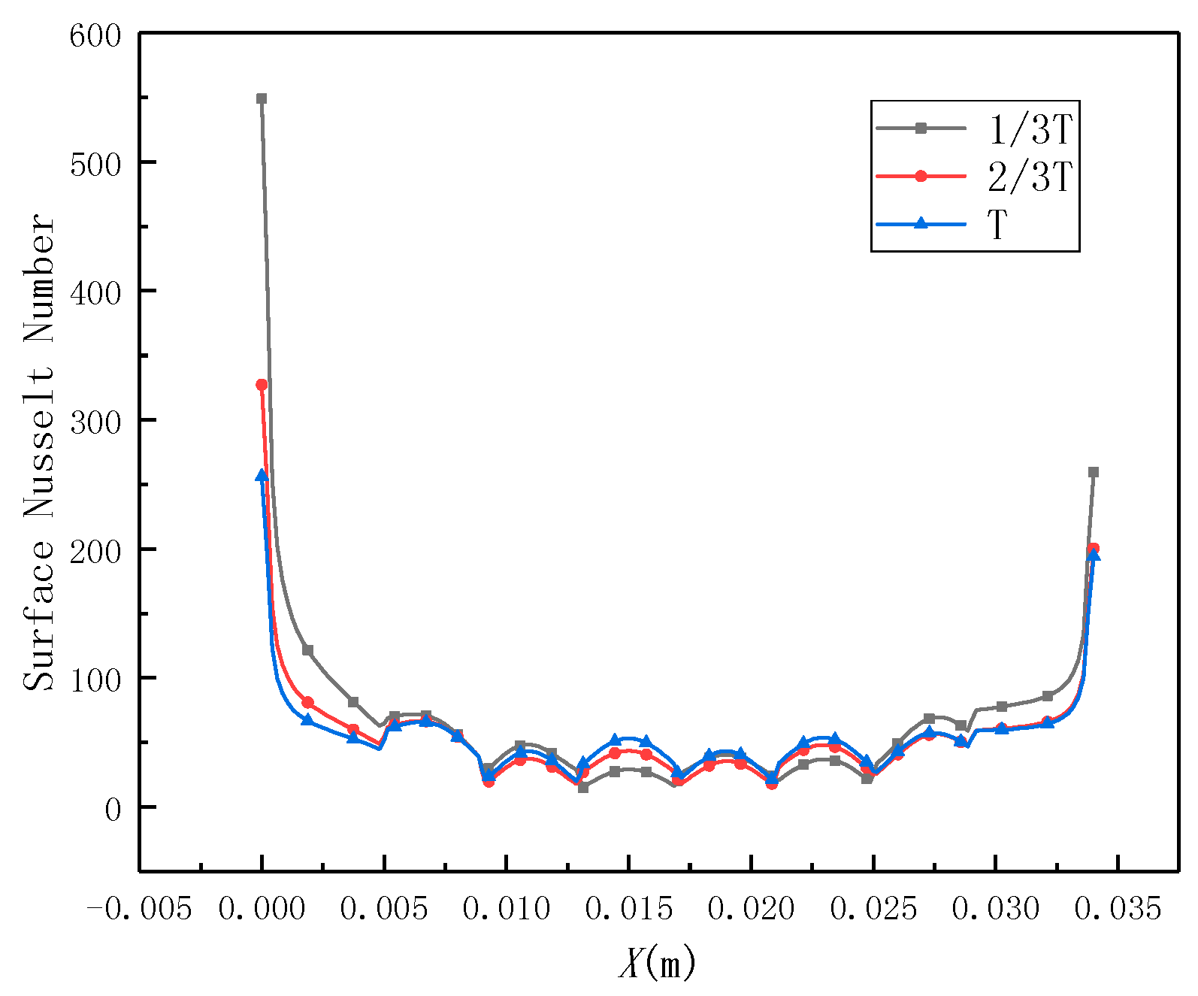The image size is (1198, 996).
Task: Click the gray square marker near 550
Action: tap(262, 98)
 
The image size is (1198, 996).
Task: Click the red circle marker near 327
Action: tap(262, 385)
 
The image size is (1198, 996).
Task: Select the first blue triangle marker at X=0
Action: tap(262, 476)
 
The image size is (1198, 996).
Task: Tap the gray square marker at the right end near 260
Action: tap(1094, 472)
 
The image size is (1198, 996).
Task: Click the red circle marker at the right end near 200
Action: tap(1094, 549)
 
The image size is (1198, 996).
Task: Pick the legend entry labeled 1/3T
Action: tap(1029, 129)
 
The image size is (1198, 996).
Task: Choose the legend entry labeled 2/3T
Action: tap(1029, 177)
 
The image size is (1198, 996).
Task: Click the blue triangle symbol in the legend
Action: tap(921, 223)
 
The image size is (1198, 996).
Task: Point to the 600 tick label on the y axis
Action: tap(95, 35)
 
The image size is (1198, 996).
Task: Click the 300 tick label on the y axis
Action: tap(95, 422)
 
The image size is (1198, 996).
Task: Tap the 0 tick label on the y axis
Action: tap(113, 809)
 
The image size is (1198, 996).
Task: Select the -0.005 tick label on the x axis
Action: tap(140, 910)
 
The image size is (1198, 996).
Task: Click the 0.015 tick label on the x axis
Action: tap(629, 910)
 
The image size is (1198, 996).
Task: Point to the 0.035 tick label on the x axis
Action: tap(1118, 910)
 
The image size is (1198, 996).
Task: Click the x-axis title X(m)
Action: tap(657, 963)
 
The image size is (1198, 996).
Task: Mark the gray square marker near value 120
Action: tap(307, 650)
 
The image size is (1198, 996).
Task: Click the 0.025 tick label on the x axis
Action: tap(873, 910)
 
